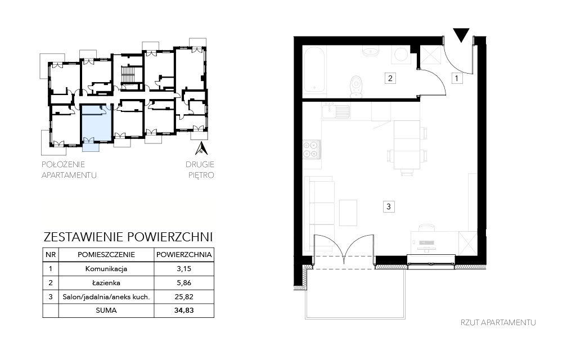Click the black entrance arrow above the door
pyautogui.click(x=461, y=34)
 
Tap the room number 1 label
pyautogui.click(x=457, y=78)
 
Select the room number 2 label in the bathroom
pyautogui.click(x=390, y=78)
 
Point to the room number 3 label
pyautogui.click(x=389, y=206)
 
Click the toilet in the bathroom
pyautogui.click(x=355, y=87)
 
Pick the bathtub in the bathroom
pyautogui.click(x=314, y=70)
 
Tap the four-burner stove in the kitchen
pyautogui.click(x=310, y=149)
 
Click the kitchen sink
pyautogui.click(x=336, y=110)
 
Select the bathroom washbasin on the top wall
pyautogui.click(x=370, y=51)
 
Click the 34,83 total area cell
pyautogui.click(x=184, y=310)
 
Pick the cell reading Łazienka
pyautogui.click(x=106, y=283)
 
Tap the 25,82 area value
pyautogui.click(x=184, y=297)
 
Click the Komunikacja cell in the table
pyautogui.click(x=106, y=269)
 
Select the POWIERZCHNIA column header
pyautogui.click(x=184, y=255)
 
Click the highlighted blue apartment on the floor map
pyautogui.click(x=96, y=123)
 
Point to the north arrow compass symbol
pyautogui.click(x=201, y=148)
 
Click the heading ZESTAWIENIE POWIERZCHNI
pyautogui.click(x=128, y=237)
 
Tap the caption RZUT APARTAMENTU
pyautogui.click(x=498, y=322)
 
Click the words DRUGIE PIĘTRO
pyautogui.click(x=200, y=170)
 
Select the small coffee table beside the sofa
pyautogui.click(x=348, y=213)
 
